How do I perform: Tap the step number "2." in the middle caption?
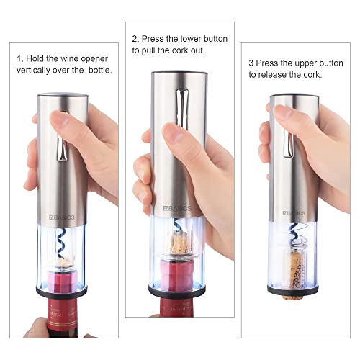pyautogui.click(x=135, y=38)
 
